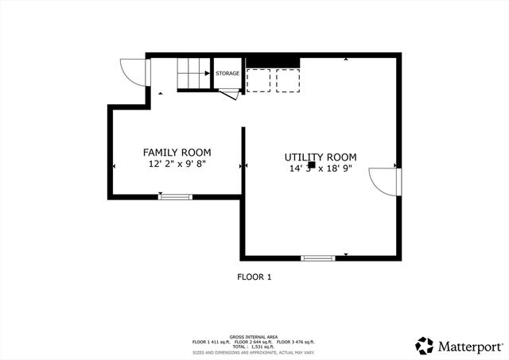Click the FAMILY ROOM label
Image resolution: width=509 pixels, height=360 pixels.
[x=177, y=152]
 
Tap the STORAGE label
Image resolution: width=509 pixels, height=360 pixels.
[x=227, y=74]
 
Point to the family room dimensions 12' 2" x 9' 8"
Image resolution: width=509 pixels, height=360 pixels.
[x=177, y=165]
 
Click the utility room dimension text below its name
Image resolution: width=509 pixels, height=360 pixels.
[x=321, y=168]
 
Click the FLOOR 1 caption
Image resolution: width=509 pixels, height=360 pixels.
[x=254, y=277]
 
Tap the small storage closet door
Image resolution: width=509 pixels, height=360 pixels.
[x=230, y=95]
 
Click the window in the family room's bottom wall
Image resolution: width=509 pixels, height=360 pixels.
[x=175, y=195]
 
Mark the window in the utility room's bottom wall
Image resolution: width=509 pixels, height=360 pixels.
[x=318, y=257]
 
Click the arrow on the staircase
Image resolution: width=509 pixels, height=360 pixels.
[x=205, y=74]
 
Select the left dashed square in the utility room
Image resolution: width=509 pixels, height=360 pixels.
[x=259, y=80]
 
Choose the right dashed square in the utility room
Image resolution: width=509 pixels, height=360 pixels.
[x=287, y=80]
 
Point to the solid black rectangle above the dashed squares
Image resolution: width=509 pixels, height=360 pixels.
[x=272, y=61]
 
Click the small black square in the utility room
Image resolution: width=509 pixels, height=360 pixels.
[x=312, y=165]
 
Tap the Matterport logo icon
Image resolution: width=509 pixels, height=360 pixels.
[x=425, y=345]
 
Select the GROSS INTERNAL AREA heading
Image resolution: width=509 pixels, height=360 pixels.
[x=254, y=336]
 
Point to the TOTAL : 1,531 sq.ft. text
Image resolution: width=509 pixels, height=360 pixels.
[x=254, y=346]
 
